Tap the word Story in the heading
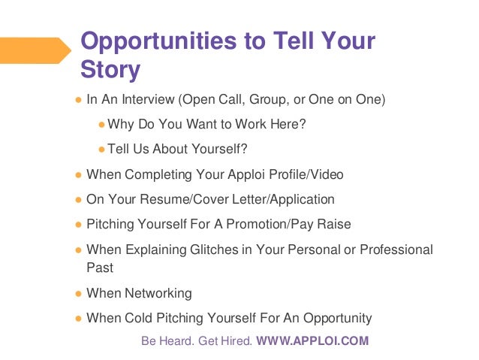110,70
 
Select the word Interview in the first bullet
142,98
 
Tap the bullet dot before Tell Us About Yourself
102,149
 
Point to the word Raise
334,224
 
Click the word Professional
397,249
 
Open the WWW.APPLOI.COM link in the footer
312,340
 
